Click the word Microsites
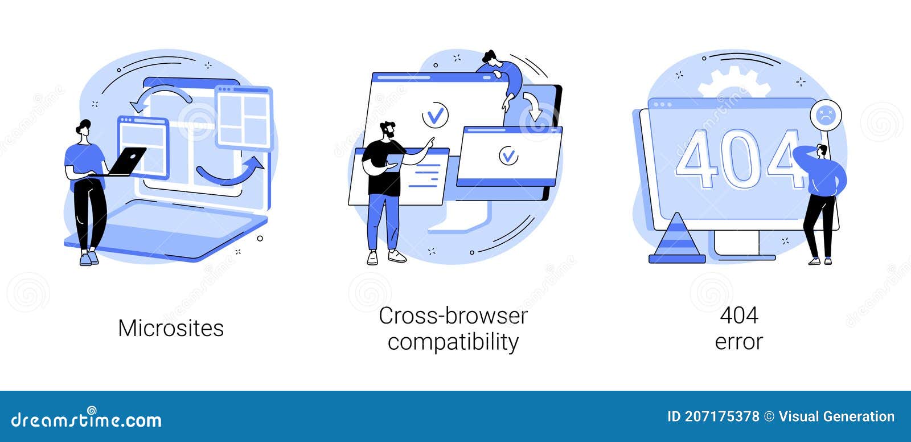pos(171,328)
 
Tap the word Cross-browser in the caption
pos(453,316)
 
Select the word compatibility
pos(453,342)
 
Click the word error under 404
pos(738,342)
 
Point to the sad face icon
pos(825,115)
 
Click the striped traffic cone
pos(677,238)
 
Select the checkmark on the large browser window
pos(435,116)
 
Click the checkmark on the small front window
pos(508,156)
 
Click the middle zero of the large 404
pos(740,159)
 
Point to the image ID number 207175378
pos(721,416)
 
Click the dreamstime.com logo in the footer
pos(86,418)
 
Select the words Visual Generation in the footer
pos(836,416)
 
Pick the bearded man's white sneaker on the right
pos(396,256)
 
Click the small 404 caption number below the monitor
pos(739,316)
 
